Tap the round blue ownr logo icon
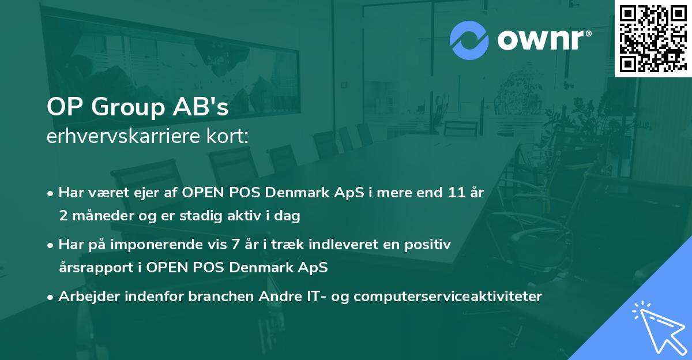tap(469, 40)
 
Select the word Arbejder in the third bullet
tap(84, 297)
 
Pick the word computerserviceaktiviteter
tap(447, 297)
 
